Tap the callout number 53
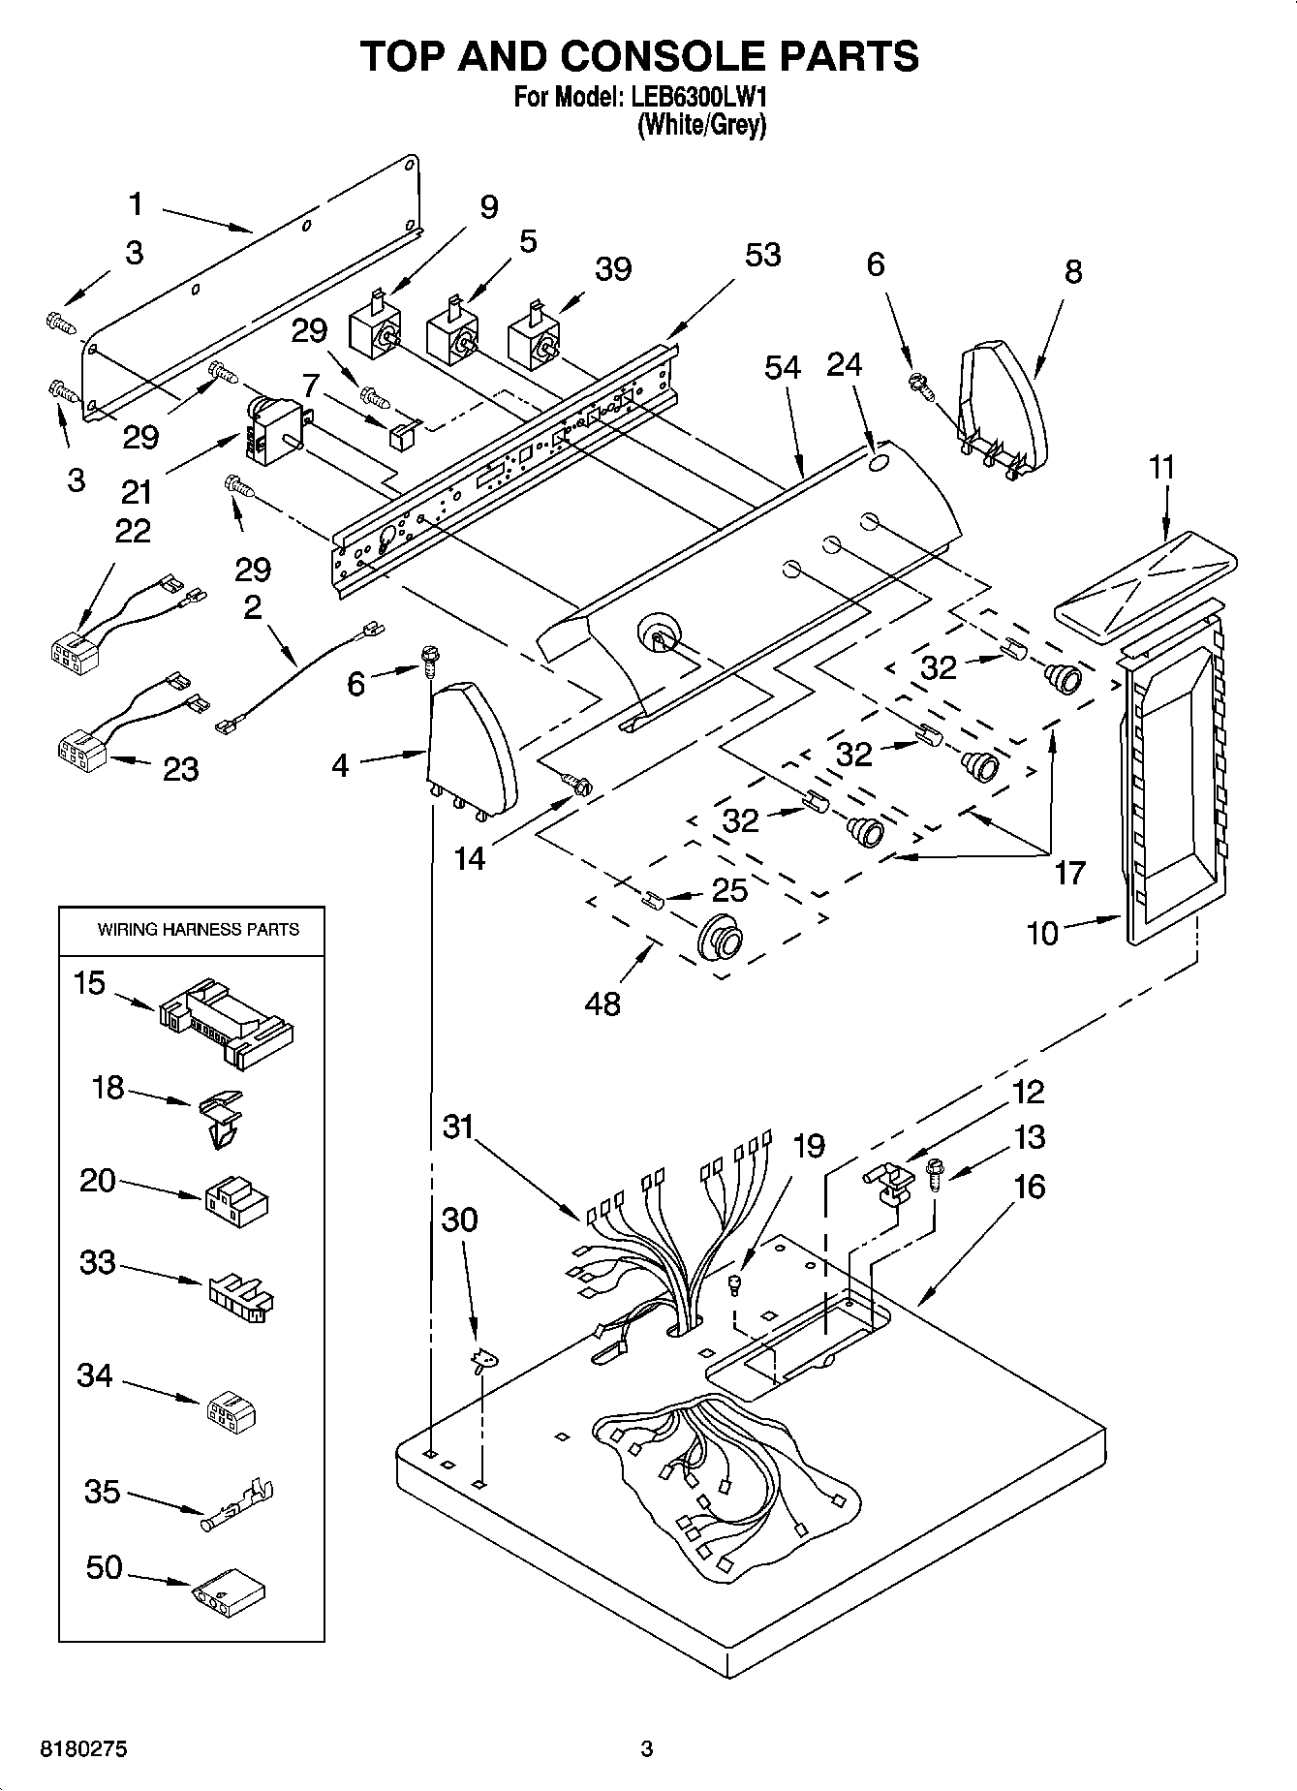pyautogui.click(x=762, y=255)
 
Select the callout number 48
pyautogui.click(x=602, y=1004)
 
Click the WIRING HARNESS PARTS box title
pyautogui.click(x=198, y=930)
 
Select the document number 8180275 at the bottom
pyautogui.click(x=82, y=1749)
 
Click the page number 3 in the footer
pyautogui.click(x=647, y=1749)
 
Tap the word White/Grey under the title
pyautogui.click(x=701, y=125)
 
